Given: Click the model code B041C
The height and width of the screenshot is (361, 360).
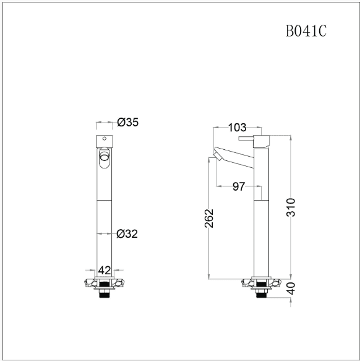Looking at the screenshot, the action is [306, 31].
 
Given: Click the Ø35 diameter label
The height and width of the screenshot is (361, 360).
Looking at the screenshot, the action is [127, 122].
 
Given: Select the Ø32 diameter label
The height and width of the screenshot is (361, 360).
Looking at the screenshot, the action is [127, 233].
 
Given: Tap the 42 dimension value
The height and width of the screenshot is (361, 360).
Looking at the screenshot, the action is [105, 271].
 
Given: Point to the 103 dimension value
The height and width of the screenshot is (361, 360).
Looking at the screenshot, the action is [237, 128].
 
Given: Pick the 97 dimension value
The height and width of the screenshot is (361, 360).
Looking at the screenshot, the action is [239, 186].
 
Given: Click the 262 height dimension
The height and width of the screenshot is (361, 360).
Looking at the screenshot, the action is [209, 218].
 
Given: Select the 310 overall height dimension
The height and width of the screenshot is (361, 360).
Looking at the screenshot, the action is [291, 207].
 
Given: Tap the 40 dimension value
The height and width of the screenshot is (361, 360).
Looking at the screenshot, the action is [291, 289].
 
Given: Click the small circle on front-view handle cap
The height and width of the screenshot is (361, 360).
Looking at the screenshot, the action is [105, 138].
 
